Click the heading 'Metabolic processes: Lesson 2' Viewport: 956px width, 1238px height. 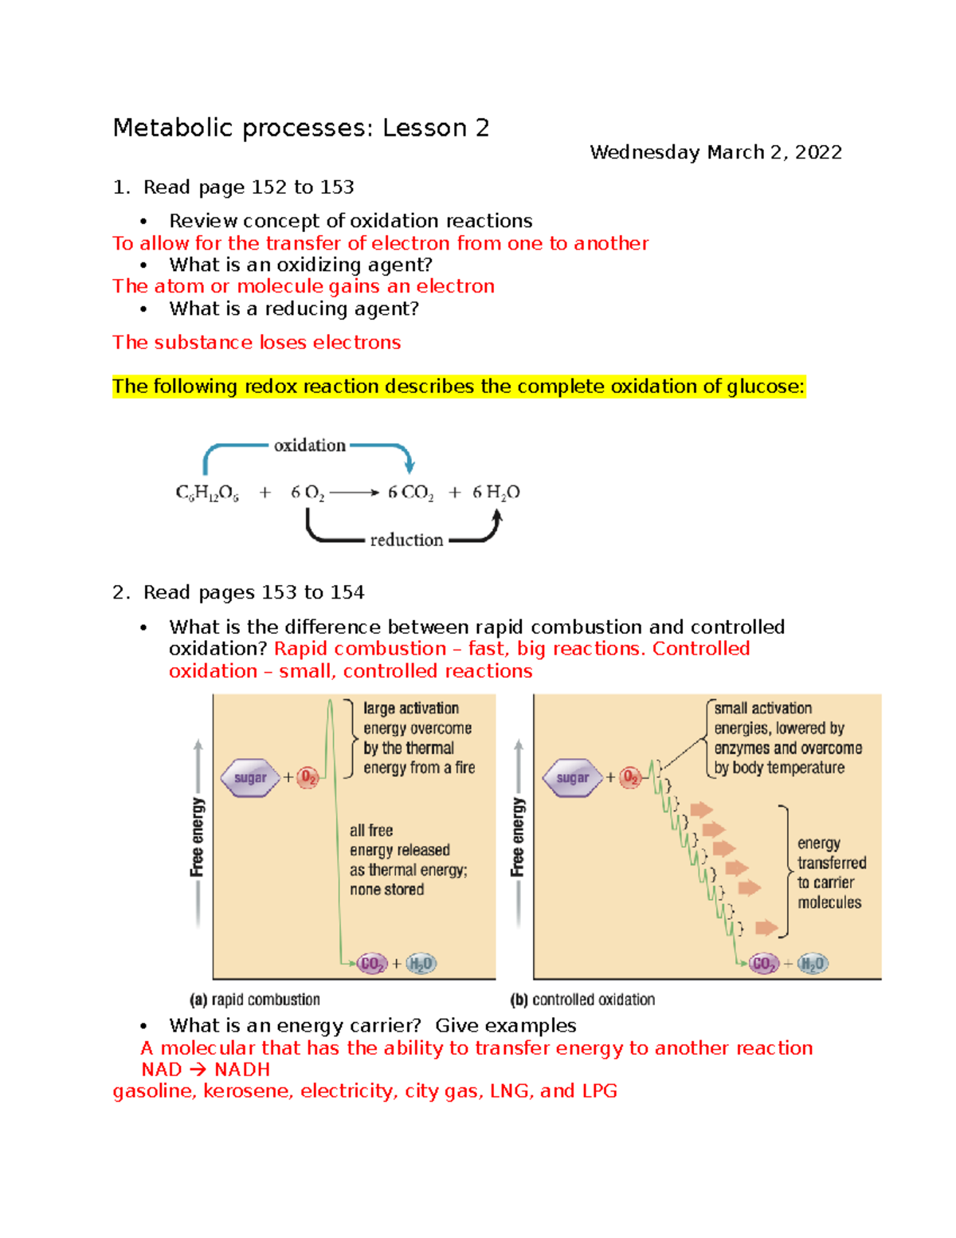pos(300,128)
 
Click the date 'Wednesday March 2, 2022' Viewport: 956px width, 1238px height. pos(715,152)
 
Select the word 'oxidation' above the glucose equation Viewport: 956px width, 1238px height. pos(310,446)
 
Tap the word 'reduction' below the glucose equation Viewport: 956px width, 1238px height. pos(406,540)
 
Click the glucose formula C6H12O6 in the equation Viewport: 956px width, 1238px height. pos(207,493)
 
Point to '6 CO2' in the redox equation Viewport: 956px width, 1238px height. pos(410,493)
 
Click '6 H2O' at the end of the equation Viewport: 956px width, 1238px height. pos(496,493)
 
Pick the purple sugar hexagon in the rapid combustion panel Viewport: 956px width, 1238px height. pos(250,778)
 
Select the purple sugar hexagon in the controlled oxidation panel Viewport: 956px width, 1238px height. pos(572,778)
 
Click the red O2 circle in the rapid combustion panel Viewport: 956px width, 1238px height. pos(308,778)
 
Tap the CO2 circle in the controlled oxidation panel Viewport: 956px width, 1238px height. pos(763,964)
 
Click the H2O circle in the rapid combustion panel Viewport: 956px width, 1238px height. pos(421,964)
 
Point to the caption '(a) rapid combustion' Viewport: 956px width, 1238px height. pos(254,1000)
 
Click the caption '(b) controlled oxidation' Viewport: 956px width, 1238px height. pos(582,1000)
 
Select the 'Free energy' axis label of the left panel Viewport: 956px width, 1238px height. pos(198,837)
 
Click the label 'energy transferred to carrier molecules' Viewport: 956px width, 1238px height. pos(830,873)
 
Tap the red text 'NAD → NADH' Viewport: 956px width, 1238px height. pos(206,1070)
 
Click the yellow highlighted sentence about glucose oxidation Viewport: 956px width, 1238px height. pos(458,387)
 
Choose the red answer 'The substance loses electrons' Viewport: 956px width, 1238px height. pos(257,343)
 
